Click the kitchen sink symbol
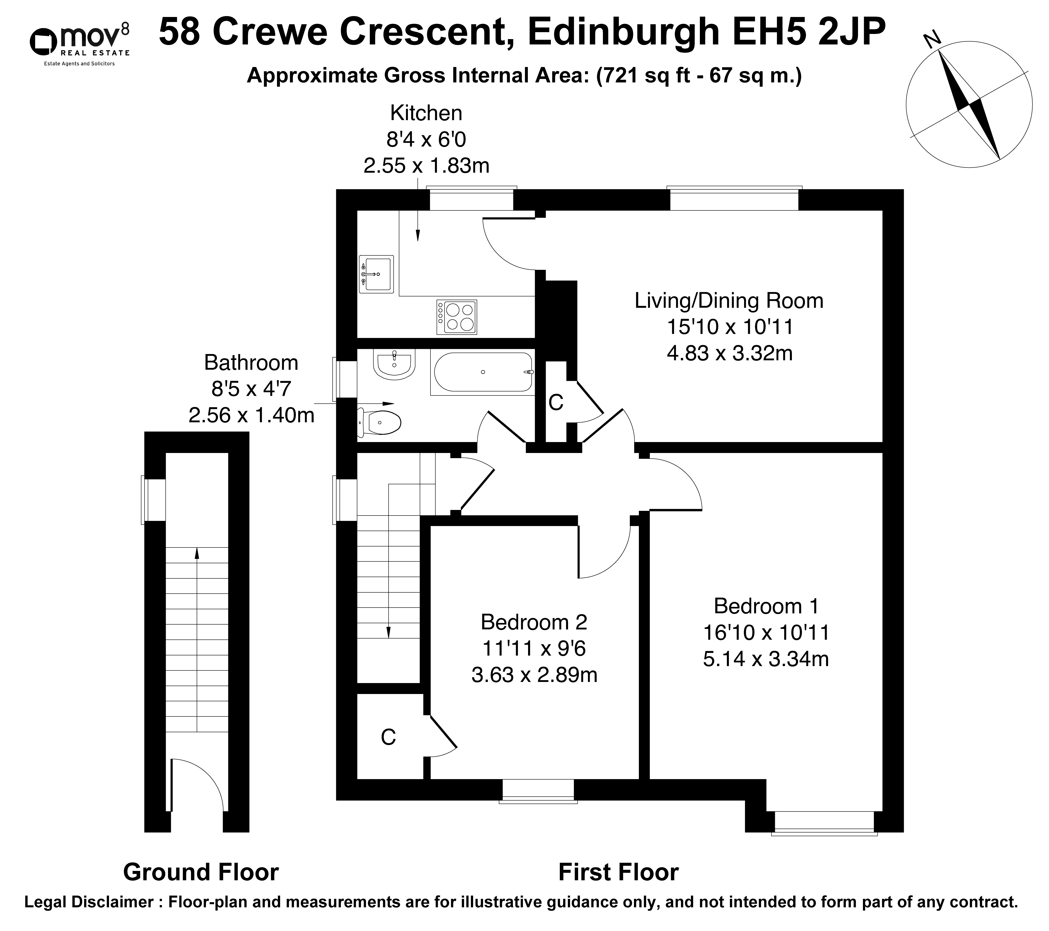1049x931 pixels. [376, 274]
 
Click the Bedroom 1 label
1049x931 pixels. [766, 606]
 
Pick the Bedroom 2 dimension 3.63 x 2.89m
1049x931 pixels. [534, 674]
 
